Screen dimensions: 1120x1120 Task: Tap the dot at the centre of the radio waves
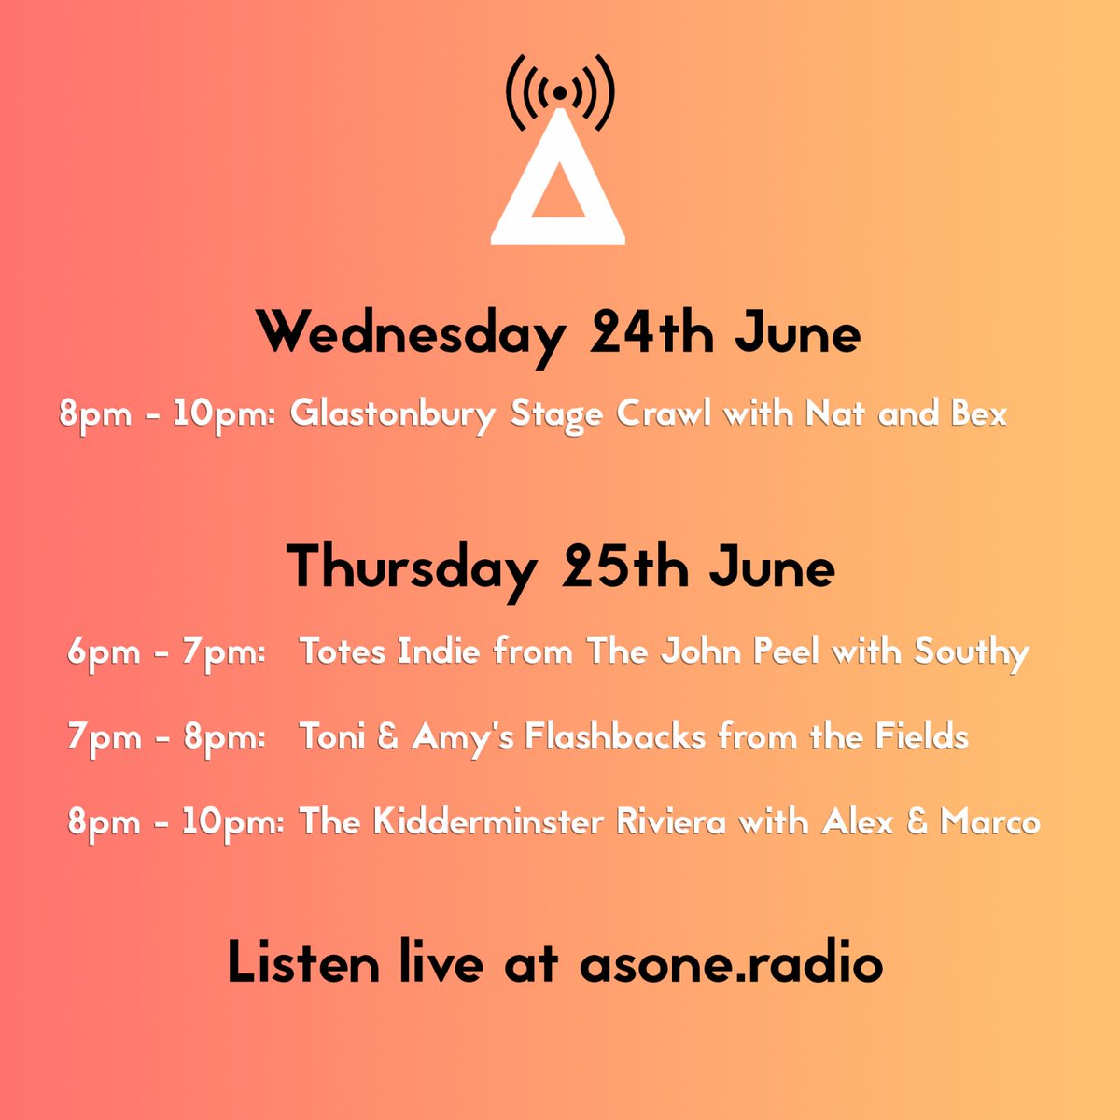pos(558,92)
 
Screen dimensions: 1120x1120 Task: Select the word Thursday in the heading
pos(412,568)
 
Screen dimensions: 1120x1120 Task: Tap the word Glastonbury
pos(392,413)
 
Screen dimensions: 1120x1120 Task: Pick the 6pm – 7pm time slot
pos(167,651)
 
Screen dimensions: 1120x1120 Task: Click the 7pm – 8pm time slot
pos(167,737)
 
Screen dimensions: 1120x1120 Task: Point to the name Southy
pos(972,651)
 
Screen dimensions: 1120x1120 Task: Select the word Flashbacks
pos(614,737)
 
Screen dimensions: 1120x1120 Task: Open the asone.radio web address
pos(731,963)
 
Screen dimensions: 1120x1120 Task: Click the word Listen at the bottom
pos(302,963)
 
